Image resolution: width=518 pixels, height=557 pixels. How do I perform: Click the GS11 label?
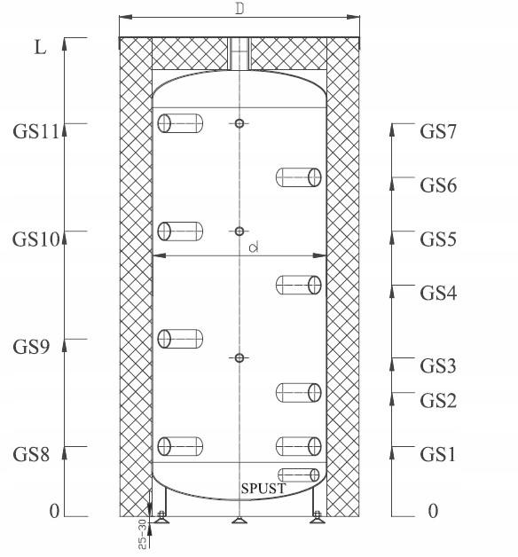tap(35, 131)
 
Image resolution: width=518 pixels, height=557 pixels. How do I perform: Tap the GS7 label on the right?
tap(437, 131)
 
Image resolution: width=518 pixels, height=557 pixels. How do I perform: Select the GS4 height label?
tap(438, 293)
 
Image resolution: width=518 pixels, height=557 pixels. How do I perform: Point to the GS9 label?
tap(31, 347)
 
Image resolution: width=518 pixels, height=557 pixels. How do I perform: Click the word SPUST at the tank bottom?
tap(263, 489)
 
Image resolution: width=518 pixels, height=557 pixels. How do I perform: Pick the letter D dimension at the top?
tap(240, 9)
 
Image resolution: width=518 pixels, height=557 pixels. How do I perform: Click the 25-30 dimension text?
tap(142, 534)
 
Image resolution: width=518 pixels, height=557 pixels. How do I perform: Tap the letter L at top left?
tap(40, 47)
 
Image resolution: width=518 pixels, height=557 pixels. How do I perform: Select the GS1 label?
tap(437, 454)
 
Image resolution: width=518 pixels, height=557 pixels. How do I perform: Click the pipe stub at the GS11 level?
tap(180, 123)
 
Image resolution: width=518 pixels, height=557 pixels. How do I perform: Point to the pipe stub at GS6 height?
tap(298, 177)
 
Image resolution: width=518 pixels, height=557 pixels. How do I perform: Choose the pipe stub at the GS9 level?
tap(180, 339)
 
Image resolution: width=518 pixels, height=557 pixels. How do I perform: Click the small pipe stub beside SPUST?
tap(298, 475)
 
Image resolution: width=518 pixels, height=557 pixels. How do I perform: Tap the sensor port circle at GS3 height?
tap(239, 357)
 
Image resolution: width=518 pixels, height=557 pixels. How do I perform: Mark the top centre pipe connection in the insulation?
tap(239, 53)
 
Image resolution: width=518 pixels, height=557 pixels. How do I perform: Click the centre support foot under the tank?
tap(239, 521)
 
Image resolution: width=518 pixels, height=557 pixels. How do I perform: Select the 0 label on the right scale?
tap(433, 511)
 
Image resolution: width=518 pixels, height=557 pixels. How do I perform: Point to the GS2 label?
tap(438, 401)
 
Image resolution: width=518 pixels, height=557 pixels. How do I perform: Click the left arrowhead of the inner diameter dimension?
tap(160, 255)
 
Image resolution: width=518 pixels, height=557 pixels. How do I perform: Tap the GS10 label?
tap(35, 239)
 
